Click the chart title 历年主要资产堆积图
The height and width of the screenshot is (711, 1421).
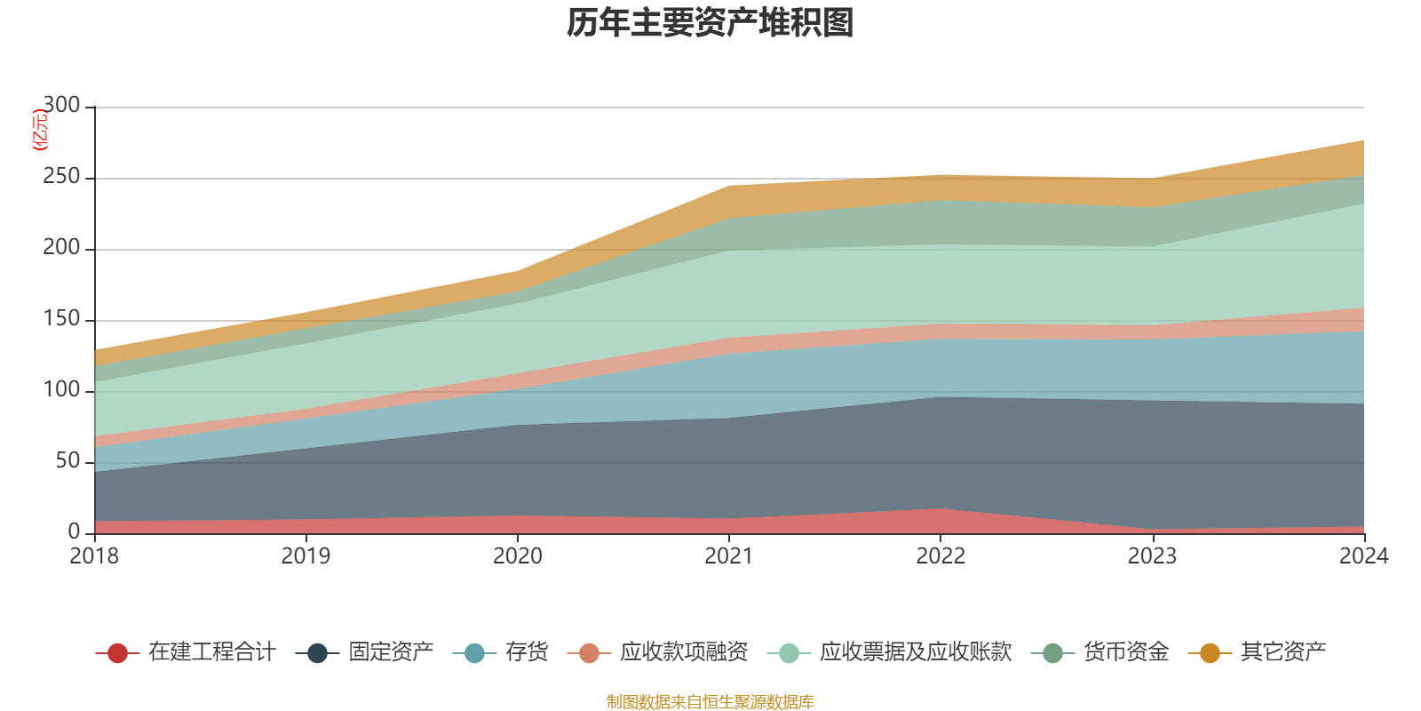point(710,23)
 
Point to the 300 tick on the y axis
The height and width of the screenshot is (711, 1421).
point(61,106)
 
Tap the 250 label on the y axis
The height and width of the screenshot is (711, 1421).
point(61,177)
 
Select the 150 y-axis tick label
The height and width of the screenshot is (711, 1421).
point(61,319)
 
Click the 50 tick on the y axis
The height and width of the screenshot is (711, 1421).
point(67,461)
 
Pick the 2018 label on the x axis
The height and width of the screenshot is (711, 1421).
point(94,556)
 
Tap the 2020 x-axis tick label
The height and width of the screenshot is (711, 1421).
point(518,556)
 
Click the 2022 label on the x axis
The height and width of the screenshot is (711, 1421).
point(941,556)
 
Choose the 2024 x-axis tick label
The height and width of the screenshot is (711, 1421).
point(1363,556)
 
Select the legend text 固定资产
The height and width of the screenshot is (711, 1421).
point(391,652)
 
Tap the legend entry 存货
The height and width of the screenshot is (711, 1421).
point(527,652)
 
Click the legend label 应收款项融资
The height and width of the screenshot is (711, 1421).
point(684,652)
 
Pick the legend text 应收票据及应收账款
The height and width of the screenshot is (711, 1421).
point(915,652)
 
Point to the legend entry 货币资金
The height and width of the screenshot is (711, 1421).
point(1125,652)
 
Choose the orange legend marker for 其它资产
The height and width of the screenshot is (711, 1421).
point(1210,653)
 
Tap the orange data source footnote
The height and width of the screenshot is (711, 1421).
point(710,702)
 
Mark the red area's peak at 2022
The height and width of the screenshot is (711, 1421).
point(941,509)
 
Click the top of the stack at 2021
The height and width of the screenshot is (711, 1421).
point(729,186)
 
